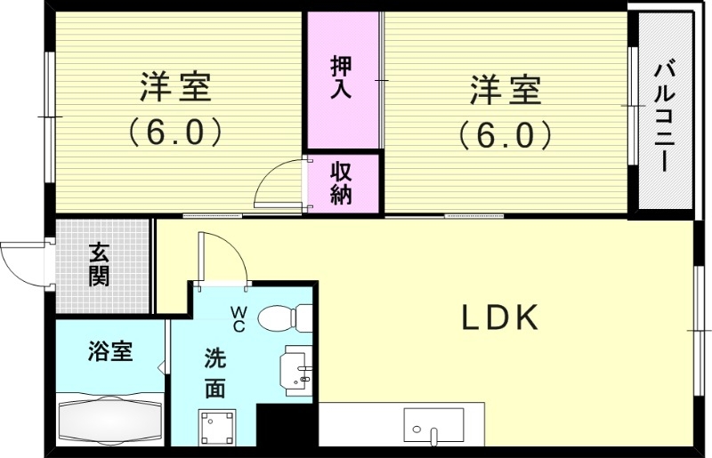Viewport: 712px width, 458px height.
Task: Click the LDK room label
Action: click(499, 317)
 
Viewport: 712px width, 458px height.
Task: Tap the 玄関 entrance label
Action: click(99, 265)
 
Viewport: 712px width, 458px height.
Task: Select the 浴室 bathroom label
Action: click(110, 351)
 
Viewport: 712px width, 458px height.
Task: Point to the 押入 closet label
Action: click(342, 76)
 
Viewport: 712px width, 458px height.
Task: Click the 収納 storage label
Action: click(342, 182)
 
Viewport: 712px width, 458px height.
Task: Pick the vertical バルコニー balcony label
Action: click(663, 115)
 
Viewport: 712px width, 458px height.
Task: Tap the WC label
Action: click(239, 317)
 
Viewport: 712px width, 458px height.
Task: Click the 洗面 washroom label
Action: click(214, 374)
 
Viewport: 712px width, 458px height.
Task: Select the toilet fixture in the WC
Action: click(289, 317)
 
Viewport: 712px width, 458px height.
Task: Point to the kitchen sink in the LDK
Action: click(433, 424)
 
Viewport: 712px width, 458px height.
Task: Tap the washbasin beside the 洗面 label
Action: click(296, 369)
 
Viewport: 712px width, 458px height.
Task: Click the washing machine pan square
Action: click(216, 426)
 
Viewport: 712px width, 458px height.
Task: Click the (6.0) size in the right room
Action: click(506, 134)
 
